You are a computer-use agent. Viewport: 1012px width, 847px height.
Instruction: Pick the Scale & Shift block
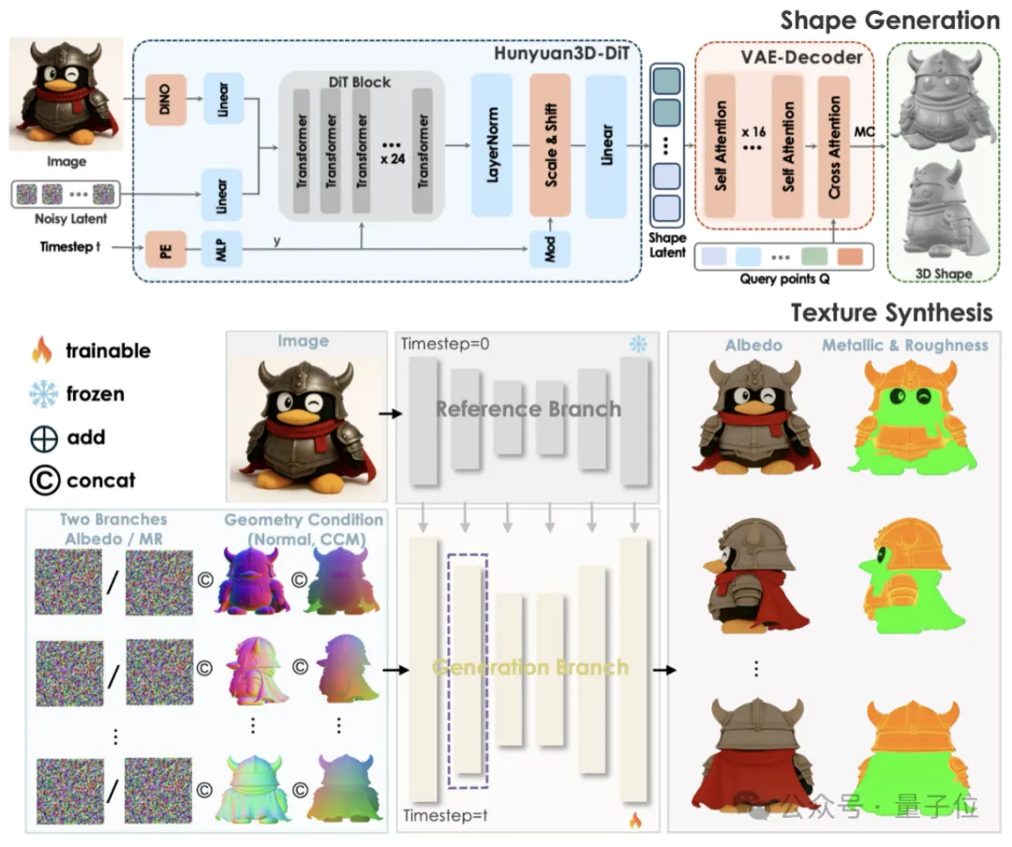[550, 145]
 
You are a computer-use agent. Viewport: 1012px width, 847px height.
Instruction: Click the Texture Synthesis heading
[891, 311]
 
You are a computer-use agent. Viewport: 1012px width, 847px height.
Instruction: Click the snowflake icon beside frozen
[41, 394]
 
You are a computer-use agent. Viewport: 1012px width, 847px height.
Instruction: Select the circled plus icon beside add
[41, 438]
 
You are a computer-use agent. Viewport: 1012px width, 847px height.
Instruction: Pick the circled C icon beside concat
[42, 481]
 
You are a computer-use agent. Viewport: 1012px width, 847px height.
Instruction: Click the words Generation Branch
[529, 667]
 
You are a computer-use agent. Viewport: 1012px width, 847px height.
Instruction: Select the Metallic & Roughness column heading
[904, 345]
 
